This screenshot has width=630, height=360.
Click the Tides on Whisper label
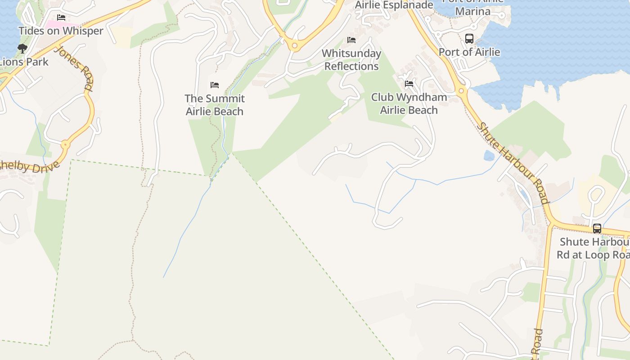click(61, 31)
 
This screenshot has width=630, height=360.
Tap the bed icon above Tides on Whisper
click(61, 18)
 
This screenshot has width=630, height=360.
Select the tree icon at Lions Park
click(22, 49)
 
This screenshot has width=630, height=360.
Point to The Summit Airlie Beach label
click(215, 105)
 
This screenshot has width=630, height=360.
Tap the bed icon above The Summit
click(215, 85)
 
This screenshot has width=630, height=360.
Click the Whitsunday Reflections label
click(351, 59)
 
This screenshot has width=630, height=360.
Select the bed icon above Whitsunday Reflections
click(351, 40)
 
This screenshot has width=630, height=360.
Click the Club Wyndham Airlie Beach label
click(409, 103)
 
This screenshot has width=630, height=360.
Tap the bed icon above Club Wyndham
click(409, 84)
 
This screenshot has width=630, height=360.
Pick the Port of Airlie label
click(469, 52)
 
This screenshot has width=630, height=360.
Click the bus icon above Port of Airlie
click(469, 38)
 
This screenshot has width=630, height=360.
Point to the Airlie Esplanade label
click(394, 5)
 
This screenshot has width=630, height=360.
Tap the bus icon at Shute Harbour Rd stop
click(597, 229)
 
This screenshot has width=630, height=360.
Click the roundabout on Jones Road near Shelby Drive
click(66, 145)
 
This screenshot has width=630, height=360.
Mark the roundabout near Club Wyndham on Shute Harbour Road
click(461, 91)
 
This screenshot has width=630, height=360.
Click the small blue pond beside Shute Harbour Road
click(489, 156)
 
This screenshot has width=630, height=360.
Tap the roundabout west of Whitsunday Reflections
click(295, 45)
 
